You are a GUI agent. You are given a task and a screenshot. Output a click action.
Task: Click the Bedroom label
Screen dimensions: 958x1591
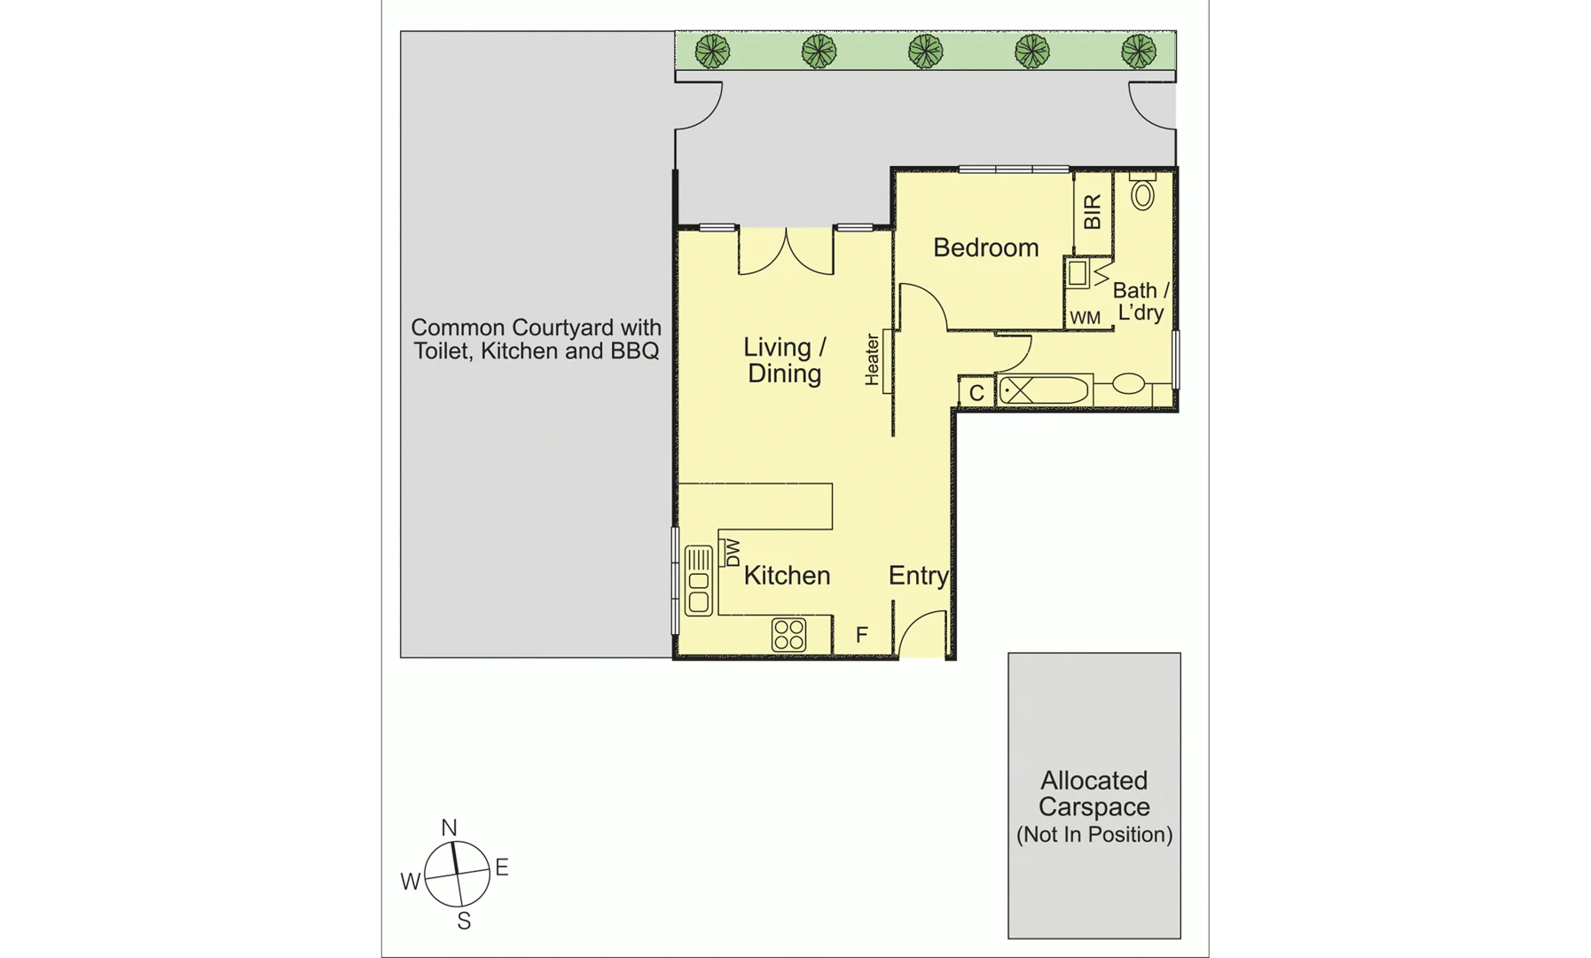[x=985, y=247]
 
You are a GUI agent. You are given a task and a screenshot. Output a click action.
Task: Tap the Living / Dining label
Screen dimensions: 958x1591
[x=784, y=360]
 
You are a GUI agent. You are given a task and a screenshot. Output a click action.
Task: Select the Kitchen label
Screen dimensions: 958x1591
[x=787, y=576]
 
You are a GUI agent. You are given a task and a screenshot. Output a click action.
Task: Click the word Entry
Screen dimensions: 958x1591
[x=918, y=576]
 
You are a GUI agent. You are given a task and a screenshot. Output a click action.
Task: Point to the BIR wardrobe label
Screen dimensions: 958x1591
[x=1093, y=212]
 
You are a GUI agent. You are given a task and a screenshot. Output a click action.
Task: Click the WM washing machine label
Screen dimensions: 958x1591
[x=1085, y=318]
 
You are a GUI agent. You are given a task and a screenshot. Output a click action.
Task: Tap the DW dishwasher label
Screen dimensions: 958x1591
[x=733, y=554]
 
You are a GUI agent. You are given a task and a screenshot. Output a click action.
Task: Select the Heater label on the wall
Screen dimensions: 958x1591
[x=873, y=359]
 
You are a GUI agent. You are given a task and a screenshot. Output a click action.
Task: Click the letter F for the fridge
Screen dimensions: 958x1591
[x=861, y=635]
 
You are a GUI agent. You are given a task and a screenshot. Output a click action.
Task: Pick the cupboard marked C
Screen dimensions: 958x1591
[x=976, y=393]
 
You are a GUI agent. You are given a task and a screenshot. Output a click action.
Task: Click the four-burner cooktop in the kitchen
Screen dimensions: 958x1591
[x=788, y=635]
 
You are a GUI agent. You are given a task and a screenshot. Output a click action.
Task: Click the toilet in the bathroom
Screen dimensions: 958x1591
[x=1142, y=192]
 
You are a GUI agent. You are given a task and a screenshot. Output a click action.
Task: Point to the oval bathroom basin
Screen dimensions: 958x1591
[x=1128, y=384]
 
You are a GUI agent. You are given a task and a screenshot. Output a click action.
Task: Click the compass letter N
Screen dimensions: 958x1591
[x=449, y=828]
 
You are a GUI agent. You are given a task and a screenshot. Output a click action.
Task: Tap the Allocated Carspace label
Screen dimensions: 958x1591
[x=1093, y=794]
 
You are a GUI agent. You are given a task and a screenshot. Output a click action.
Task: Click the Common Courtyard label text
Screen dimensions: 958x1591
[x=536, y=339]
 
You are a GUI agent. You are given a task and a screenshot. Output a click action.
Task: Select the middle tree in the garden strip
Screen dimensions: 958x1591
[x=925, y=51]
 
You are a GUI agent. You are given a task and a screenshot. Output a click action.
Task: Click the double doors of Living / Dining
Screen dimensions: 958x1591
[x=786, y=252]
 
